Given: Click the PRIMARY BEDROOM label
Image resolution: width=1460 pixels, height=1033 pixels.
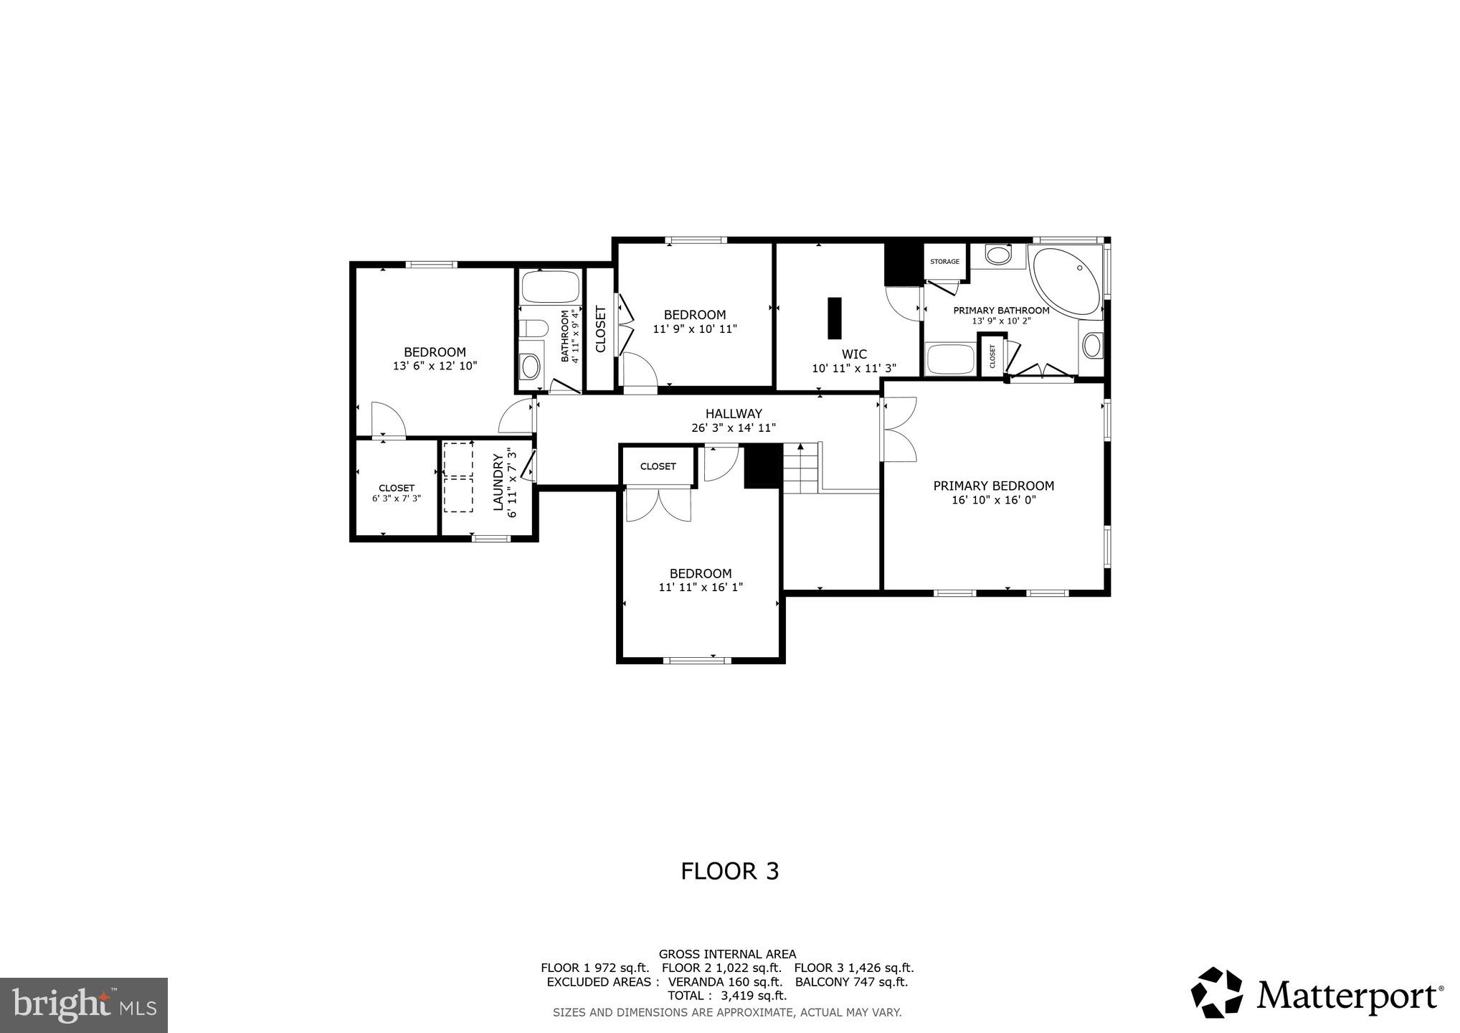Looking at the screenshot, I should (x=993, y=486).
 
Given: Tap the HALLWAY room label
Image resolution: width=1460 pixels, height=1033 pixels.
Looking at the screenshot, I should (x=733, y=413).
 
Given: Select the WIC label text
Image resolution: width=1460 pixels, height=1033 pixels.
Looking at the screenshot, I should (x=853, y=354).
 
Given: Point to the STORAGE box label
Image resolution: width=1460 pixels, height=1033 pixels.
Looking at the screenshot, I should (x=944, y=262).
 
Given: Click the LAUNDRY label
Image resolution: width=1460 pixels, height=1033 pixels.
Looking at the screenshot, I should (x=498, y=482).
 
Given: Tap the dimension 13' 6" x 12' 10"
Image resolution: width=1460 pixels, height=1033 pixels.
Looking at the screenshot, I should (x=435, y=366).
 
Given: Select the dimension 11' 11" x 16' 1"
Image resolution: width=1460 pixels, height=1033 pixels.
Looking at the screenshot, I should (x=701, y=587).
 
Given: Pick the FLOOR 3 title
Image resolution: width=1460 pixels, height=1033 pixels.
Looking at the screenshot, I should (x=729, y=871).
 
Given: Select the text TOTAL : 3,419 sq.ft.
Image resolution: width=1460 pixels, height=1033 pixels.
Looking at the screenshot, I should (x=727, y=996).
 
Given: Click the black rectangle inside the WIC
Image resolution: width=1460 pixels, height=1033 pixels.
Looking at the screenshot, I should (x=834, y=318).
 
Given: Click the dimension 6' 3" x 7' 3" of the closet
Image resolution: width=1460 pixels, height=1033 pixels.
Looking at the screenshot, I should (x=396, y=498).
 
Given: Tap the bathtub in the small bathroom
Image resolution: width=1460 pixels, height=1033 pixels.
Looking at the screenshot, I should (x=550, y=287).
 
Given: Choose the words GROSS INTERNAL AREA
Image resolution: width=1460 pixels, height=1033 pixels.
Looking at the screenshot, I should (x=727, y=954).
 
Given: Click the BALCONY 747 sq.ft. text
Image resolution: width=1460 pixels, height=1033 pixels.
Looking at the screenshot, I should (x=851, y=982).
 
